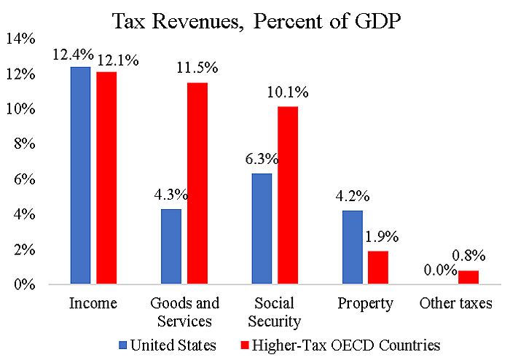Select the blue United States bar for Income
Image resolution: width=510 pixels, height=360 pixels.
click(80, 175)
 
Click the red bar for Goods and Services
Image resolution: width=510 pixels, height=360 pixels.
click(197, 183)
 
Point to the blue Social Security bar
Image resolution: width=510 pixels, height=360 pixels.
click(262, 228)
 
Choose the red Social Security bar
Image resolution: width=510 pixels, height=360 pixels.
click(288, 195)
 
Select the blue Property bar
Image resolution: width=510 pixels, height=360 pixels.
click(352, 246)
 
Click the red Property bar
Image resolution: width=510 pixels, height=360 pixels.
click(378, 267)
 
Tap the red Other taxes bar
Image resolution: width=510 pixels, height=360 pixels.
click(468, 276)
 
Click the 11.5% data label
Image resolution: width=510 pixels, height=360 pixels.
click(197, 69)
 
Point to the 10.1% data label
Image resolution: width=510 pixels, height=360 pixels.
click(288, 93)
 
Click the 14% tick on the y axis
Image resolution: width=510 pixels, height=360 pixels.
click(21, 39)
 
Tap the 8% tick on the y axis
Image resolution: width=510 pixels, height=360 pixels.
click(24, 144)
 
